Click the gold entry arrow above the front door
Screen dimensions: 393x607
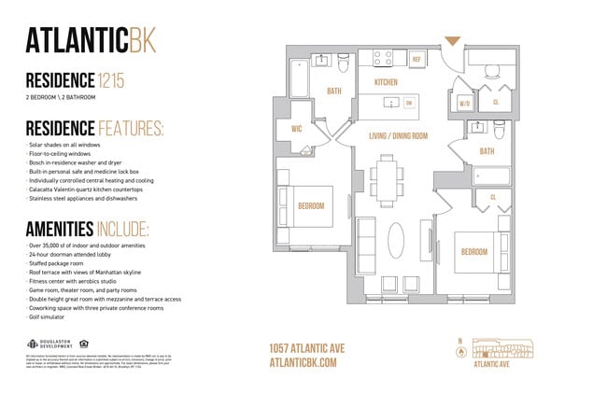[x=453, y=40]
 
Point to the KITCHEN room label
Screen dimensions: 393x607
[x=386, y=82]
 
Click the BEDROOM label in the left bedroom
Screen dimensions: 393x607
[x=310, y=205]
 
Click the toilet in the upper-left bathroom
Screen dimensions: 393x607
[x=344, y=64]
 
